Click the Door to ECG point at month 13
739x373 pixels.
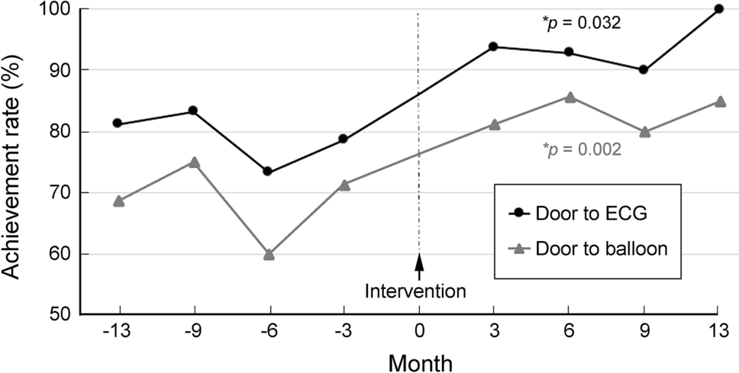click(x=718, y=9)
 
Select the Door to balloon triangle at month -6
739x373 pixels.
click(x=269, y=255)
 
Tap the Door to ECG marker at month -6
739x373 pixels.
click(x=268, y=172)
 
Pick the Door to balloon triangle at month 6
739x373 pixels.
click(x=569, y=97)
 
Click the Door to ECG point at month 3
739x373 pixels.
click(x=493, y=47)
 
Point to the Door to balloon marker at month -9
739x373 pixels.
click(x=194, y=162)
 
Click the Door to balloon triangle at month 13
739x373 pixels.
click(x=718, y=101)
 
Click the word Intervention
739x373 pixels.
click(x=415, y=291)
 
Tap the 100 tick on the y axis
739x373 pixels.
click(x=58, y=9)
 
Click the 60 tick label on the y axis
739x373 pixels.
click(x=63, y=254)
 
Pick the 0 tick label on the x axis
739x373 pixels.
click(x=418, y=332)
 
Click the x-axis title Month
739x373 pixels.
click(x=418, y=361)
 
